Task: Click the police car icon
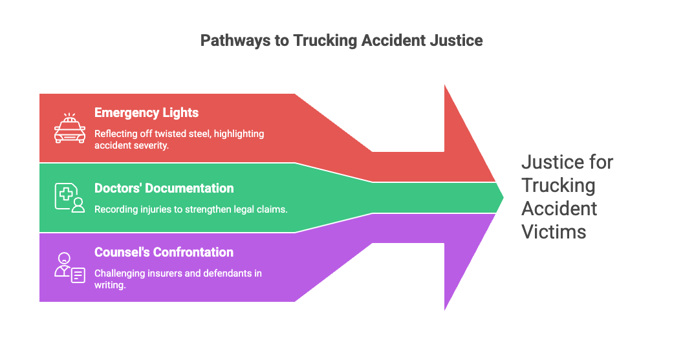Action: [70, 128]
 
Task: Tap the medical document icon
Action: [70, 197]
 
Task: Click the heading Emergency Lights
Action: [146, 112]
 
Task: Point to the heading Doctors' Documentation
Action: [164, 188]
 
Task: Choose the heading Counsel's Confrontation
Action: [164, 252]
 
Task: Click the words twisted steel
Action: [178, 134]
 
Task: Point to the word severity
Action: [151, 145]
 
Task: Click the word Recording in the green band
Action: [114, 209]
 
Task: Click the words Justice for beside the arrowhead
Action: [567, 162]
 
